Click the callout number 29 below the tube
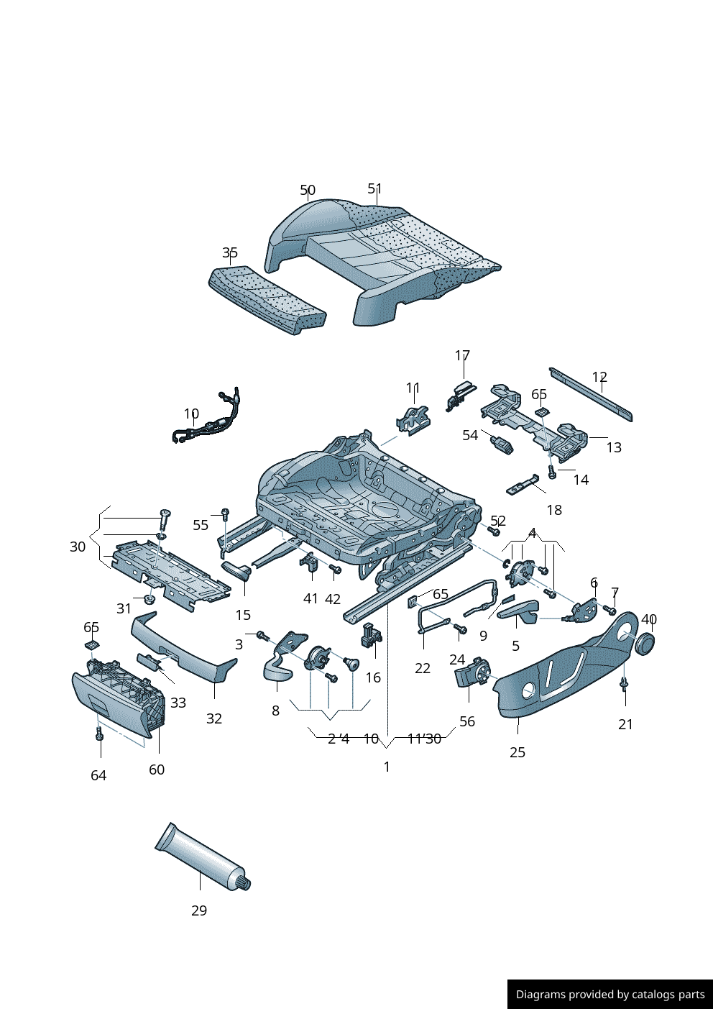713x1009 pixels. click(199, 910)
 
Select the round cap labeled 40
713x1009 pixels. click(645, 643)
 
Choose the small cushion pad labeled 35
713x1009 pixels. click(267, 300)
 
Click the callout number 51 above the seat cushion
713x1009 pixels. click(374, 188)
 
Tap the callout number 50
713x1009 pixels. click(308, 190)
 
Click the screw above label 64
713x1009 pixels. click(99, 734)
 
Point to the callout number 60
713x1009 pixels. click(157, 770)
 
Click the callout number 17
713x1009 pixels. click(462, 355)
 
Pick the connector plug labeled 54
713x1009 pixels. click(501, 444)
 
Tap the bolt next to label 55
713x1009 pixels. click(225, 513)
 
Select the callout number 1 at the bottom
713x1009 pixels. click(387, 767)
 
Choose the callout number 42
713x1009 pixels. click(333, 599)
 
